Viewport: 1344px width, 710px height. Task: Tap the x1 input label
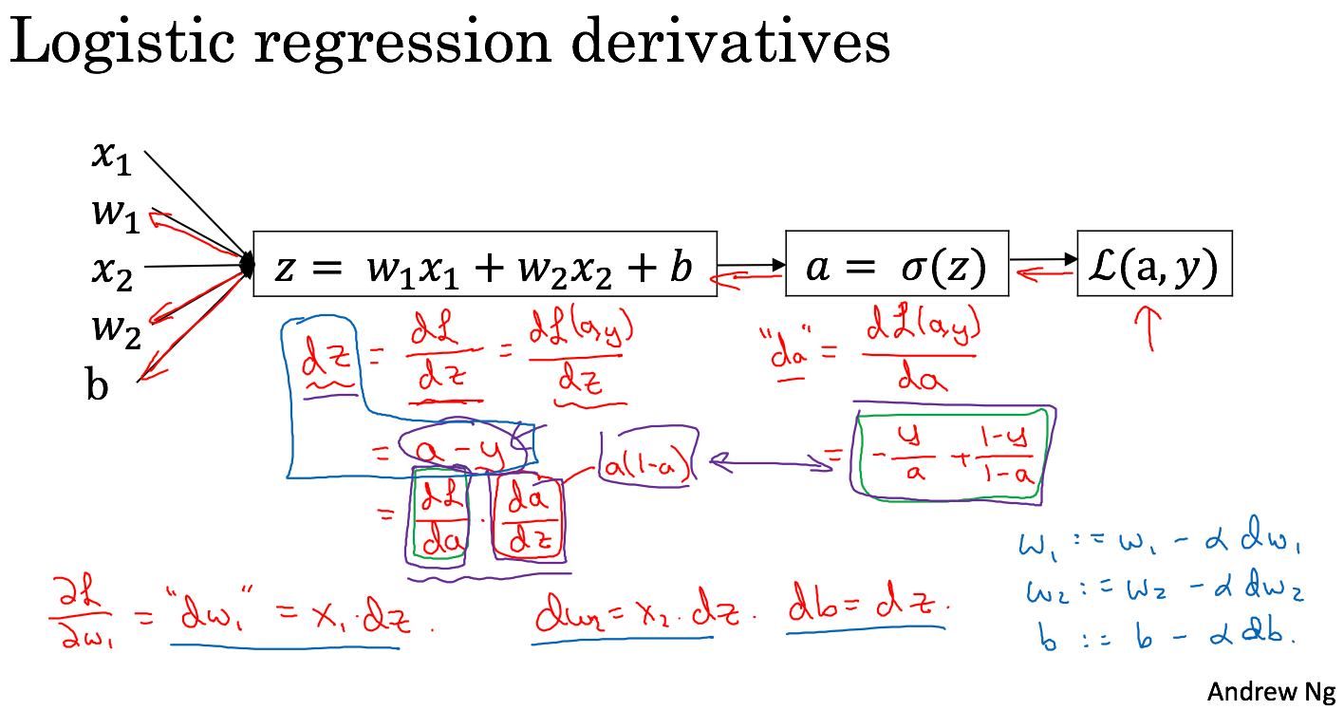point(111,158)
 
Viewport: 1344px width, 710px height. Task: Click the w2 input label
point(116,331)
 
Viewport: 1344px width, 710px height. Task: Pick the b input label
point(97,386)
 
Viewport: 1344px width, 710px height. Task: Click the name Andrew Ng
point(1270,691)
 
